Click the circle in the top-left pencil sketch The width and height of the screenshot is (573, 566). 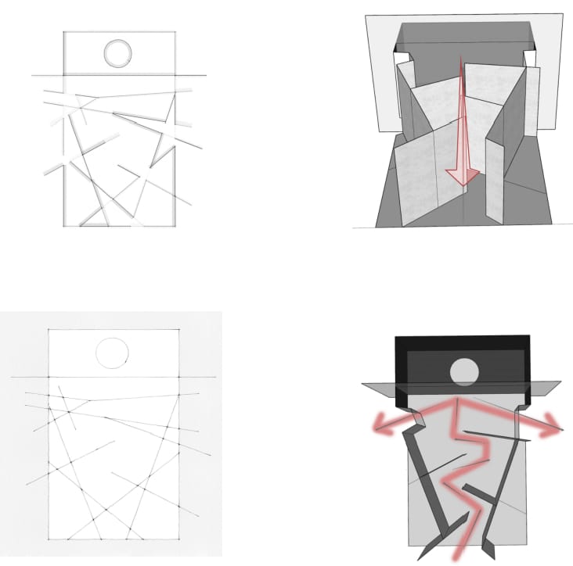pos(118,52)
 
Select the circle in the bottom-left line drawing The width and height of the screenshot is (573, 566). pos(112,353)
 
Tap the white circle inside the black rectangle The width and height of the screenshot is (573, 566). pos(463,370)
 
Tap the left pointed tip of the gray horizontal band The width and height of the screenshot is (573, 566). pos(363,385)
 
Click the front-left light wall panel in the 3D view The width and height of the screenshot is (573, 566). pos(415,184)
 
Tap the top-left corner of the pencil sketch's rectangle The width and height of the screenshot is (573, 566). pos(64,32)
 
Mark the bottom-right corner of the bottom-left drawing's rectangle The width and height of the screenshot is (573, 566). pos(180,539)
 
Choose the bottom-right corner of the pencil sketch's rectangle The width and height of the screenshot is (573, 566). pos(175,226)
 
